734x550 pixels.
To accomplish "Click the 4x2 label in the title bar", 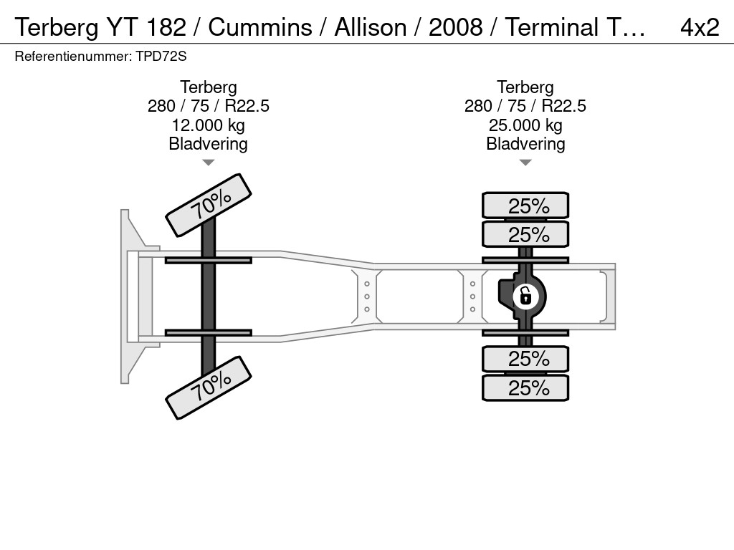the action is (700, 28).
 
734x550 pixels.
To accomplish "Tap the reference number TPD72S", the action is (161, 57).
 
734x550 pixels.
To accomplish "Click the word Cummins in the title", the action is (260, 28).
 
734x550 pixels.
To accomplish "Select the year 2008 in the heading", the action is (455, 28).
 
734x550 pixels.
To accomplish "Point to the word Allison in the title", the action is (371, 28).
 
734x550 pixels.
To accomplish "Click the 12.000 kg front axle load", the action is (209, 125).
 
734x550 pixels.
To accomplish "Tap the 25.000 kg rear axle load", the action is (525, 125).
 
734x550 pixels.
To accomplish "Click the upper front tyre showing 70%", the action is (209, 205).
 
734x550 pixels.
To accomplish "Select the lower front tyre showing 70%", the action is (209, 387).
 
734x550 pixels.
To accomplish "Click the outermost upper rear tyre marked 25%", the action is (525, 206).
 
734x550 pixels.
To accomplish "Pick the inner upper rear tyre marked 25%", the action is (525, 234).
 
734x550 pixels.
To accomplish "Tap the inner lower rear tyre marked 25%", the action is (525, 359).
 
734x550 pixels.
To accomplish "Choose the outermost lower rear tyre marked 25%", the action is (525, 387).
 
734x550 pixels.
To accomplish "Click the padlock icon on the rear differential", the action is (525, 296).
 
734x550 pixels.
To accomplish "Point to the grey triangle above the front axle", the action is (209, 163).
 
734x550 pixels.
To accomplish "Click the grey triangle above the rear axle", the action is (525, 163).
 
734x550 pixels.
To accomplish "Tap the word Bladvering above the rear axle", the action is (525, 144).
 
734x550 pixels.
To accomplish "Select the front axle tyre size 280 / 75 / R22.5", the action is (209, 106).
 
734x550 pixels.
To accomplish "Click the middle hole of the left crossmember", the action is (367, 296).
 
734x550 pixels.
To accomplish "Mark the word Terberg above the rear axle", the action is (525, 87).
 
